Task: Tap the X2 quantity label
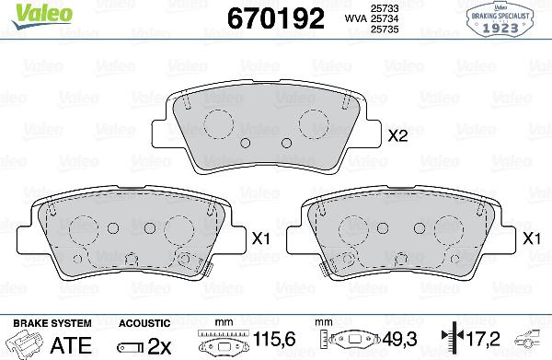point(397,136)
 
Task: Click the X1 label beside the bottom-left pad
point(259,238)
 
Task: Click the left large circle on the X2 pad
point(220,123)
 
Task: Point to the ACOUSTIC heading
point(144,323)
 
